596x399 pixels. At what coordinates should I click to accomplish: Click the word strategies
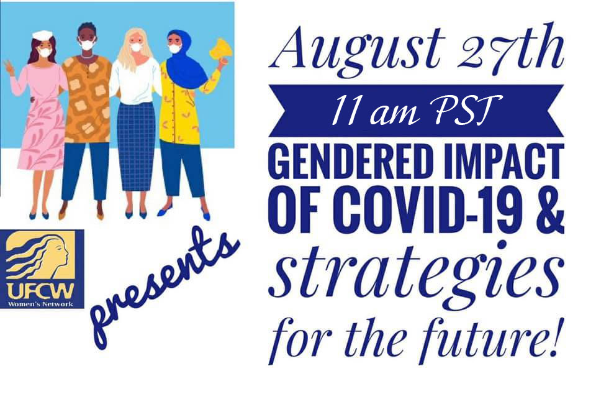(416, 276)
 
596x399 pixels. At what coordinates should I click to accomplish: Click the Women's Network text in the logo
(41, 304)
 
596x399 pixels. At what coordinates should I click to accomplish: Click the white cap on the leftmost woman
(42, 35)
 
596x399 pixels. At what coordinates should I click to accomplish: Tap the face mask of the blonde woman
(137, 48)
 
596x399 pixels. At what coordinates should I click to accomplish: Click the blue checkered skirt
(136, 147)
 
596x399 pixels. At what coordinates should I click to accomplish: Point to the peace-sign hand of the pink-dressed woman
(8, 69)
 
